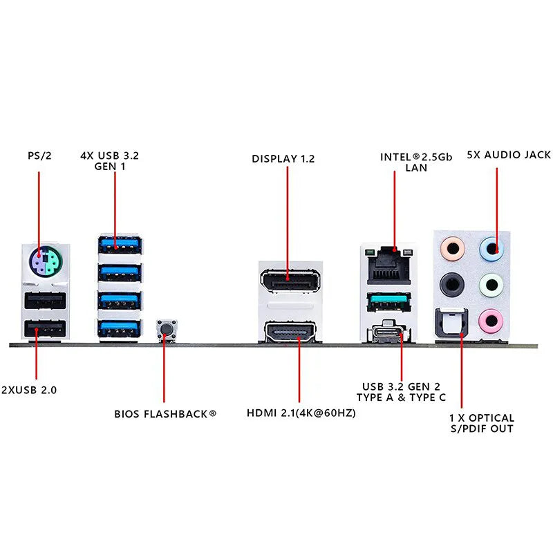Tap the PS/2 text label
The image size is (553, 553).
click(x=39, y=156)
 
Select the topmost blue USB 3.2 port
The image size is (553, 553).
click(x=120, y=244)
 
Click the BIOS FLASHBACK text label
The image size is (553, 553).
click(x=165, y=414)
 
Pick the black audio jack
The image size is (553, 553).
click(x=451, y=282)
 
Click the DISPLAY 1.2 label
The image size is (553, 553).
click(x=283, y=159)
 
